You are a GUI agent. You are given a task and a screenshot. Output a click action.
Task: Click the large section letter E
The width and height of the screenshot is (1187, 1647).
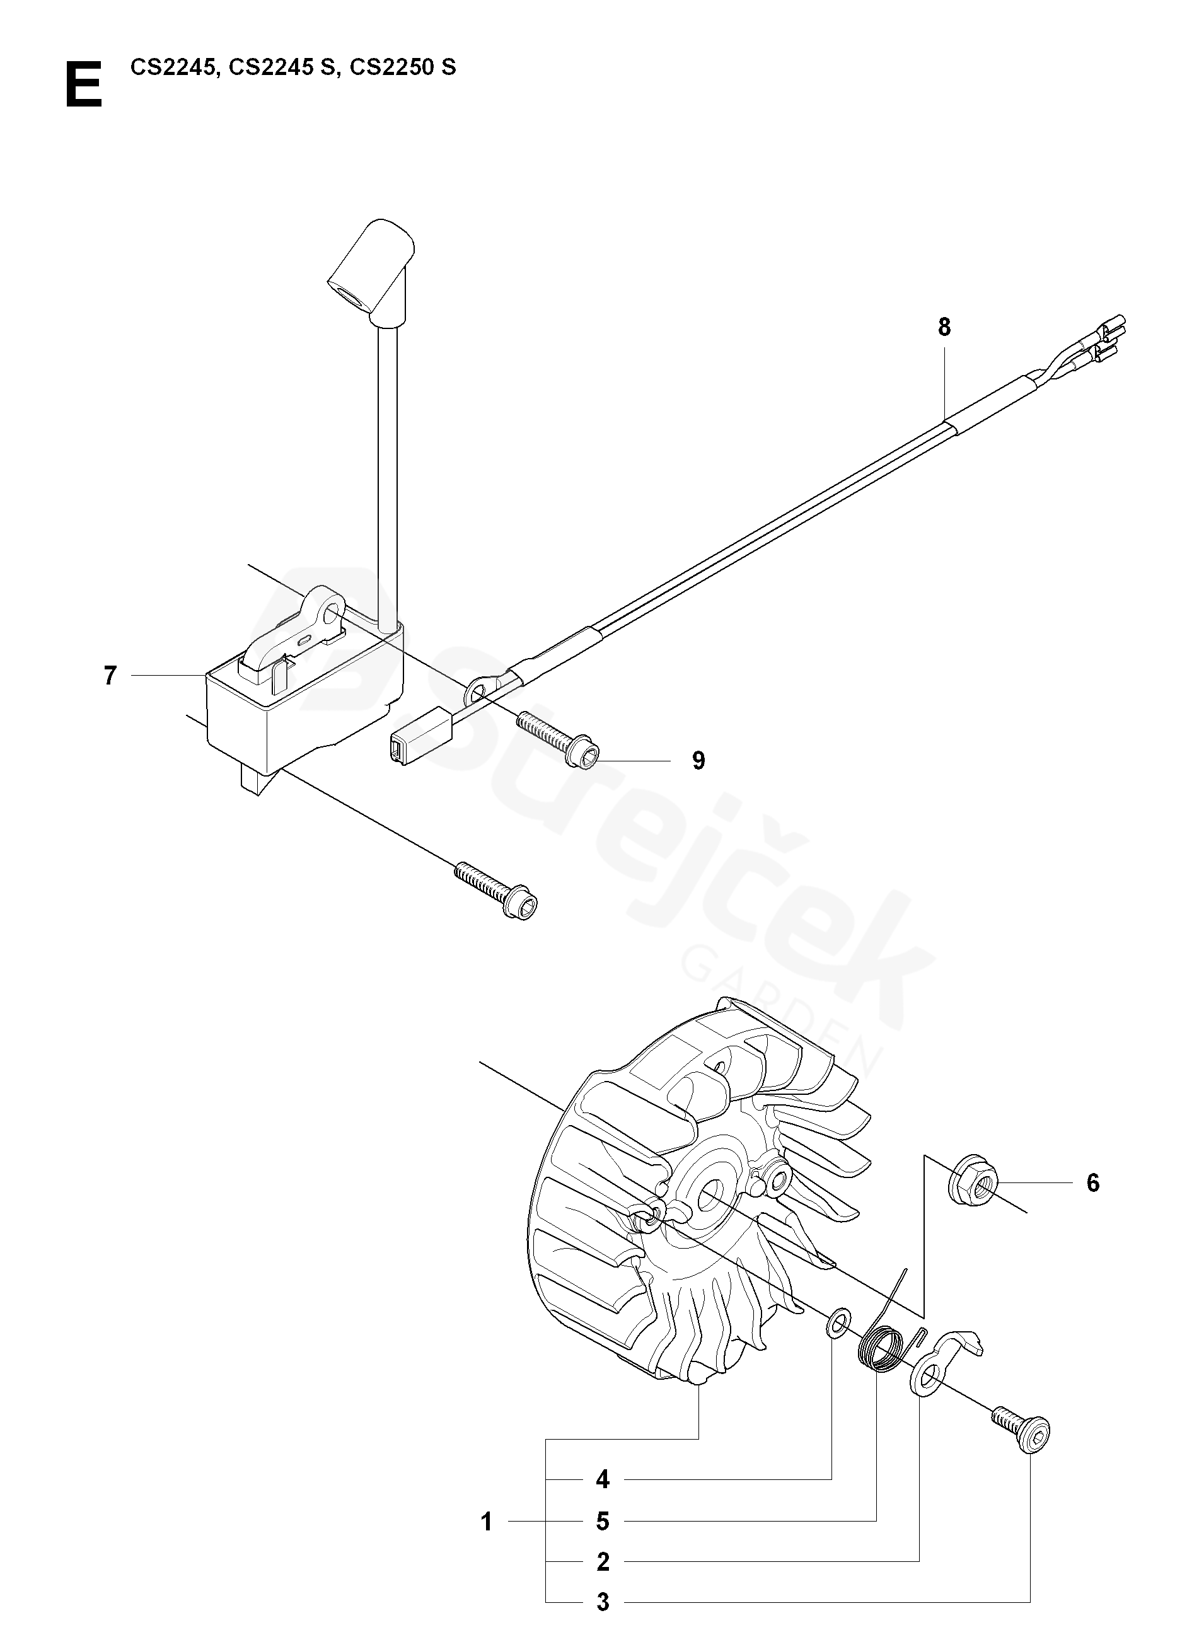coord(84,85)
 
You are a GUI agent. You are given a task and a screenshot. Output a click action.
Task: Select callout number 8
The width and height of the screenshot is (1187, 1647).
coord(944,328)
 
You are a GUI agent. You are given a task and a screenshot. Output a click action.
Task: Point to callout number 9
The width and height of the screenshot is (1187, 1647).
coord(698,760)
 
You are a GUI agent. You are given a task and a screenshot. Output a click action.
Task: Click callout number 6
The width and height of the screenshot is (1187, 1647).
coord(1092,1183)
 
